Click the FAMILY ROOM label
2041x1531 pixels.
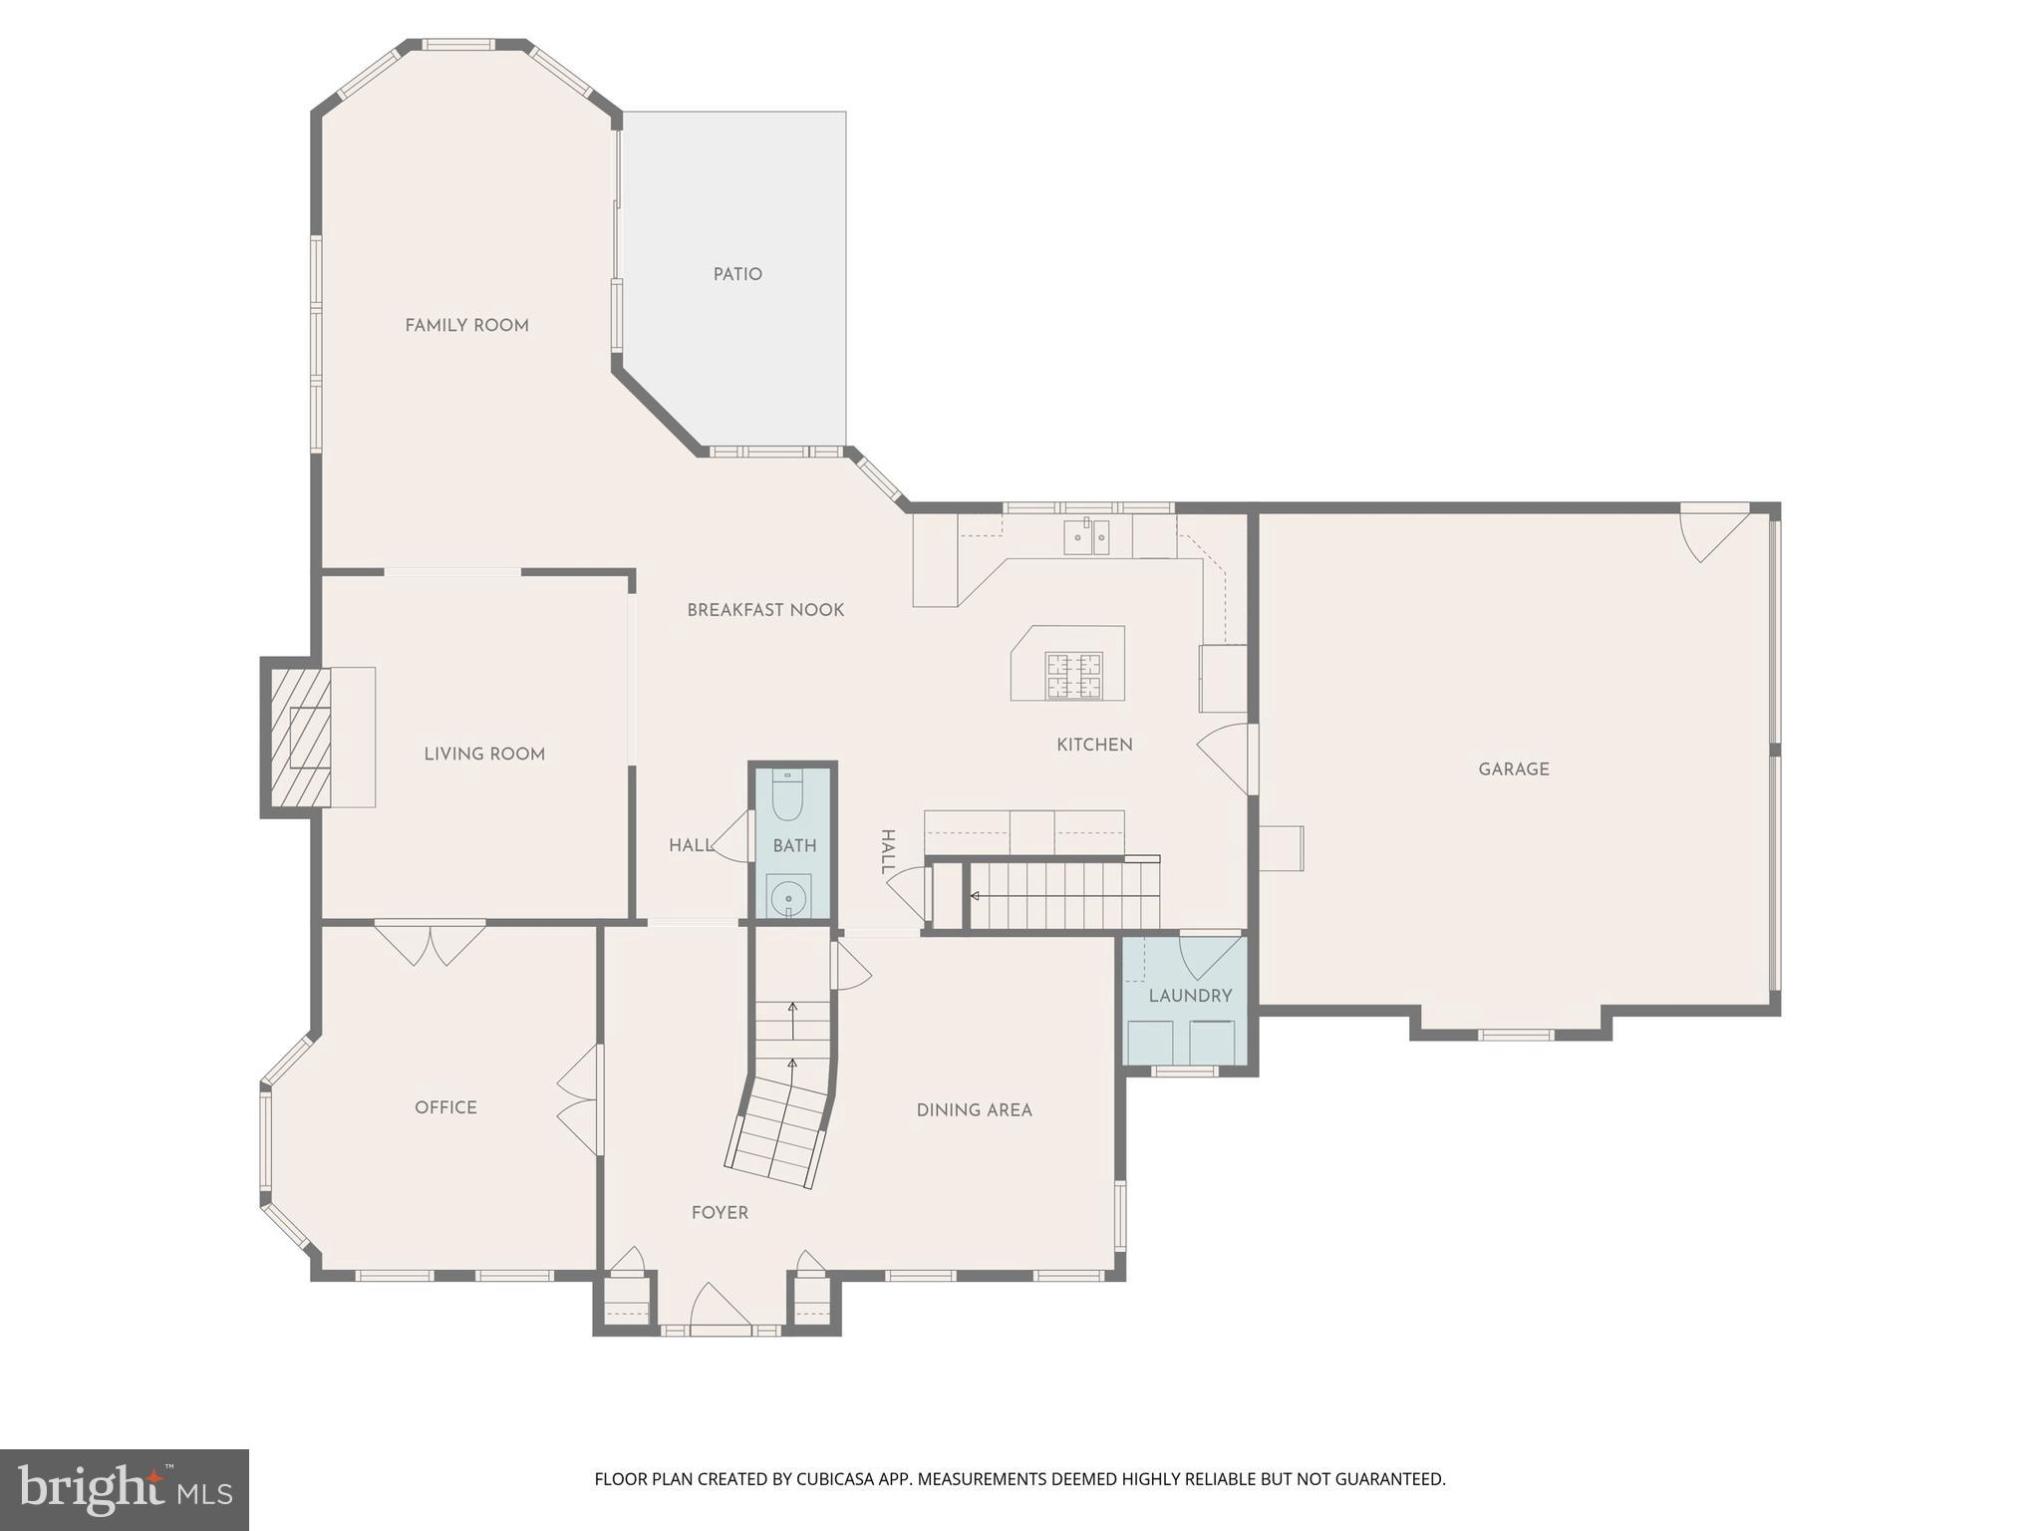(466, 325)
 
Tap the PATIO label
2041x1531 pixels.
(737, 274)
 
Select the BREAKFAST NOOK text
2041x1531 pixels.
(765, 610)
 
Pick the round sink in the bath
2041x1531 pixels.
(788, 894)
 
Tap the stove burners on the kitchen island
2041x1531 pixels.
(1073, 675)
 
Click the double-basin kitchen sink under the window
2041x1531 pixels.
(1086, 537)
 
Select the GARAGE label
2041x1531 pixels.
(1513, 768)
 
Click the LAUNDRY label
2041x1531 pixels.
(1190, 996)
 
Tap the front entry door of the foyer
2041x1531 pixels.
(720, 1311)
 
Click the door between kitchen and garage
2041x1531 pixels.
(1226, 758)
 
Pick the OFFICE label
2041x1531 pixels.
(445, 1107)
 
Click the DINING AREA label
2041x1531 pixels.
(974, 1109)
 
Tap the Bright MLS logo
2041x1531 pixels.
(124, 1489)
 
